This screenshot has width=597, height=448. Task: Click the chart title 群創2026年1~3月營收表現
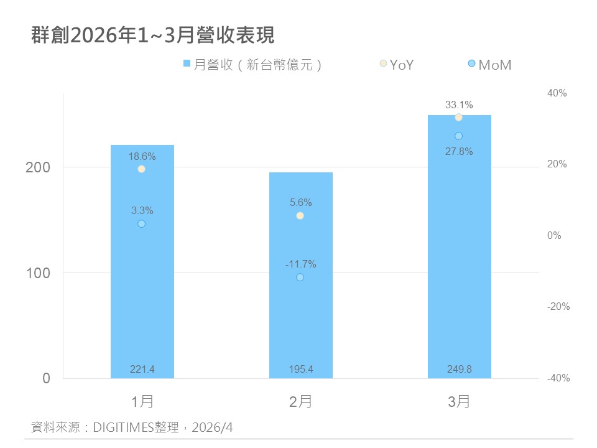click(x=153, y=35)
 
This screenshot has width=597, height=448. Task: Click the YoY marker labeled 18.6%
click(x=142, y=169)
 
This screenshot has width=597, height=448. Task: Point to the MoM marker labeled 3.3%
click(x=142, y=224)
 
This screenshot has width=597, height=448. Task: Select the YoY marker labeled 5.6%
click(x=300, y=216)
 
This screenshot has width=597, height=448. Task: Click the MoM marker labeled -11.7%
click(x=300, y=278)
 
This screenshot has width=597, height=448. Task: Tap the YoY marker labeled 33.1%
click(x=458, y=118)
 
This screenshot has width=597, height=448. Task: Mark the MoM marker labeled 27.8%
click(x=458, y=136)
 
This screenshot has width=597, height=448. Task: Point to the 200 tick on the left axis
click(x=38, y=168)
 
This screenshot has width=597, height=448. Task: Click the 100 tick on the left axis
click(x=38, y=273)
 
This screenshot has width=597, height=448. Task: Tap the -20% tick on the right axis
click(x=558, y=307)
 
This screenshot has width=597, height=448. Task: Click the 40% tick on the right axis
click(x=558, y=93)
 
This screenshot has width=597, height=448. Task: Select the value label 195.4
click(x=301, y=370)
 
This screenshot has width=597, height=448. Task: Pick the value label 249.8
click(x=460, y=370)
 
